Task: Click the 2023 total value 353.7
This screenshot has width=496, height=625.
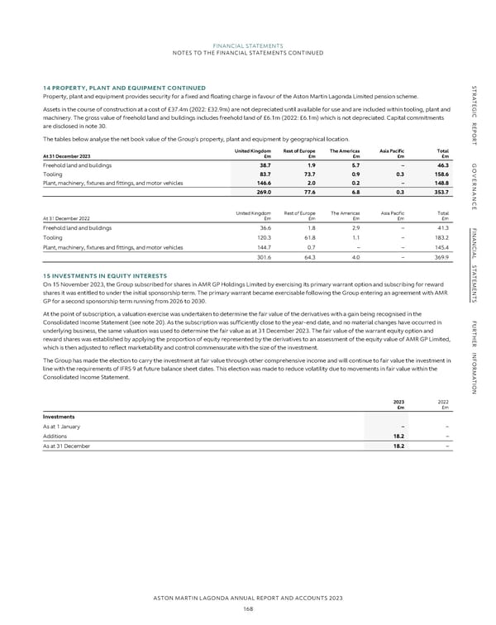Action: [x=440, y=192]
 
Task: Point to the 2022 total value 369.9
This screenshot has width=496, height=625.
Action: [x=440, y=256]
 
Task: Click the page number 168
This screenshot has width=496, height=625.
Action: [x=247, y=608]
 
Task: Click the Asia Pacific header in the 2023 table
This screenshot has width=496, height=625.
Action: [x=392, y=150]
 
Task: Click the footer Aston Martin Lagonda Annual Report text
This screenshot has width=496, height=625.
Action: [x=248, y=599]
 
